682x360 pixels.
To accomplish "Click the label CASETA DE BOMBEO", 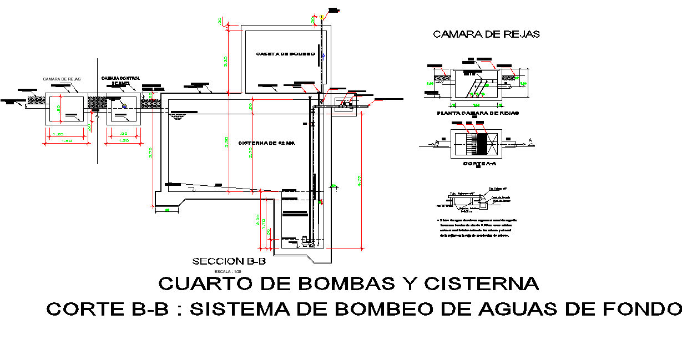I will coord(285,54).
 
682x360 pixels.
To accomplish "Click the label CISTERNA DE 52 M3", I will coord(266,143).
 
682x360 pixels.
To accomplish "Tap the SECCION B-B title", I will coord(229,261).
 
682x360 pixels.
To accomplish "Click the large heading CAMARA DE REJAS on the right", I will coord(486,34).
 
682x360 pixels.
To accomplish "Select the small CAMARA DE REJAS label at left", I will coord(62,79).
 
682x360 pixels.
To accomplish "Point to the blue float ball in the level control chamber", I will coord(124,106).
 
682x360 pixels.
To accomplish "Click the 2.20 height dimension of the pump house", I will coord(226,62).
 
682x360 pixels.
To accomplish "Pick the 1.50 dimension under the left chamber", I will coord(66,141).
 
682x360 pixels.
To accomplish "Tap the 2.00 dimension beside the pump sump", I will coord(258,220).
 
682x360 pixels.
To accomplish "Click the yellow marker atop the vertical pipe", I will coord(321,17).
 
